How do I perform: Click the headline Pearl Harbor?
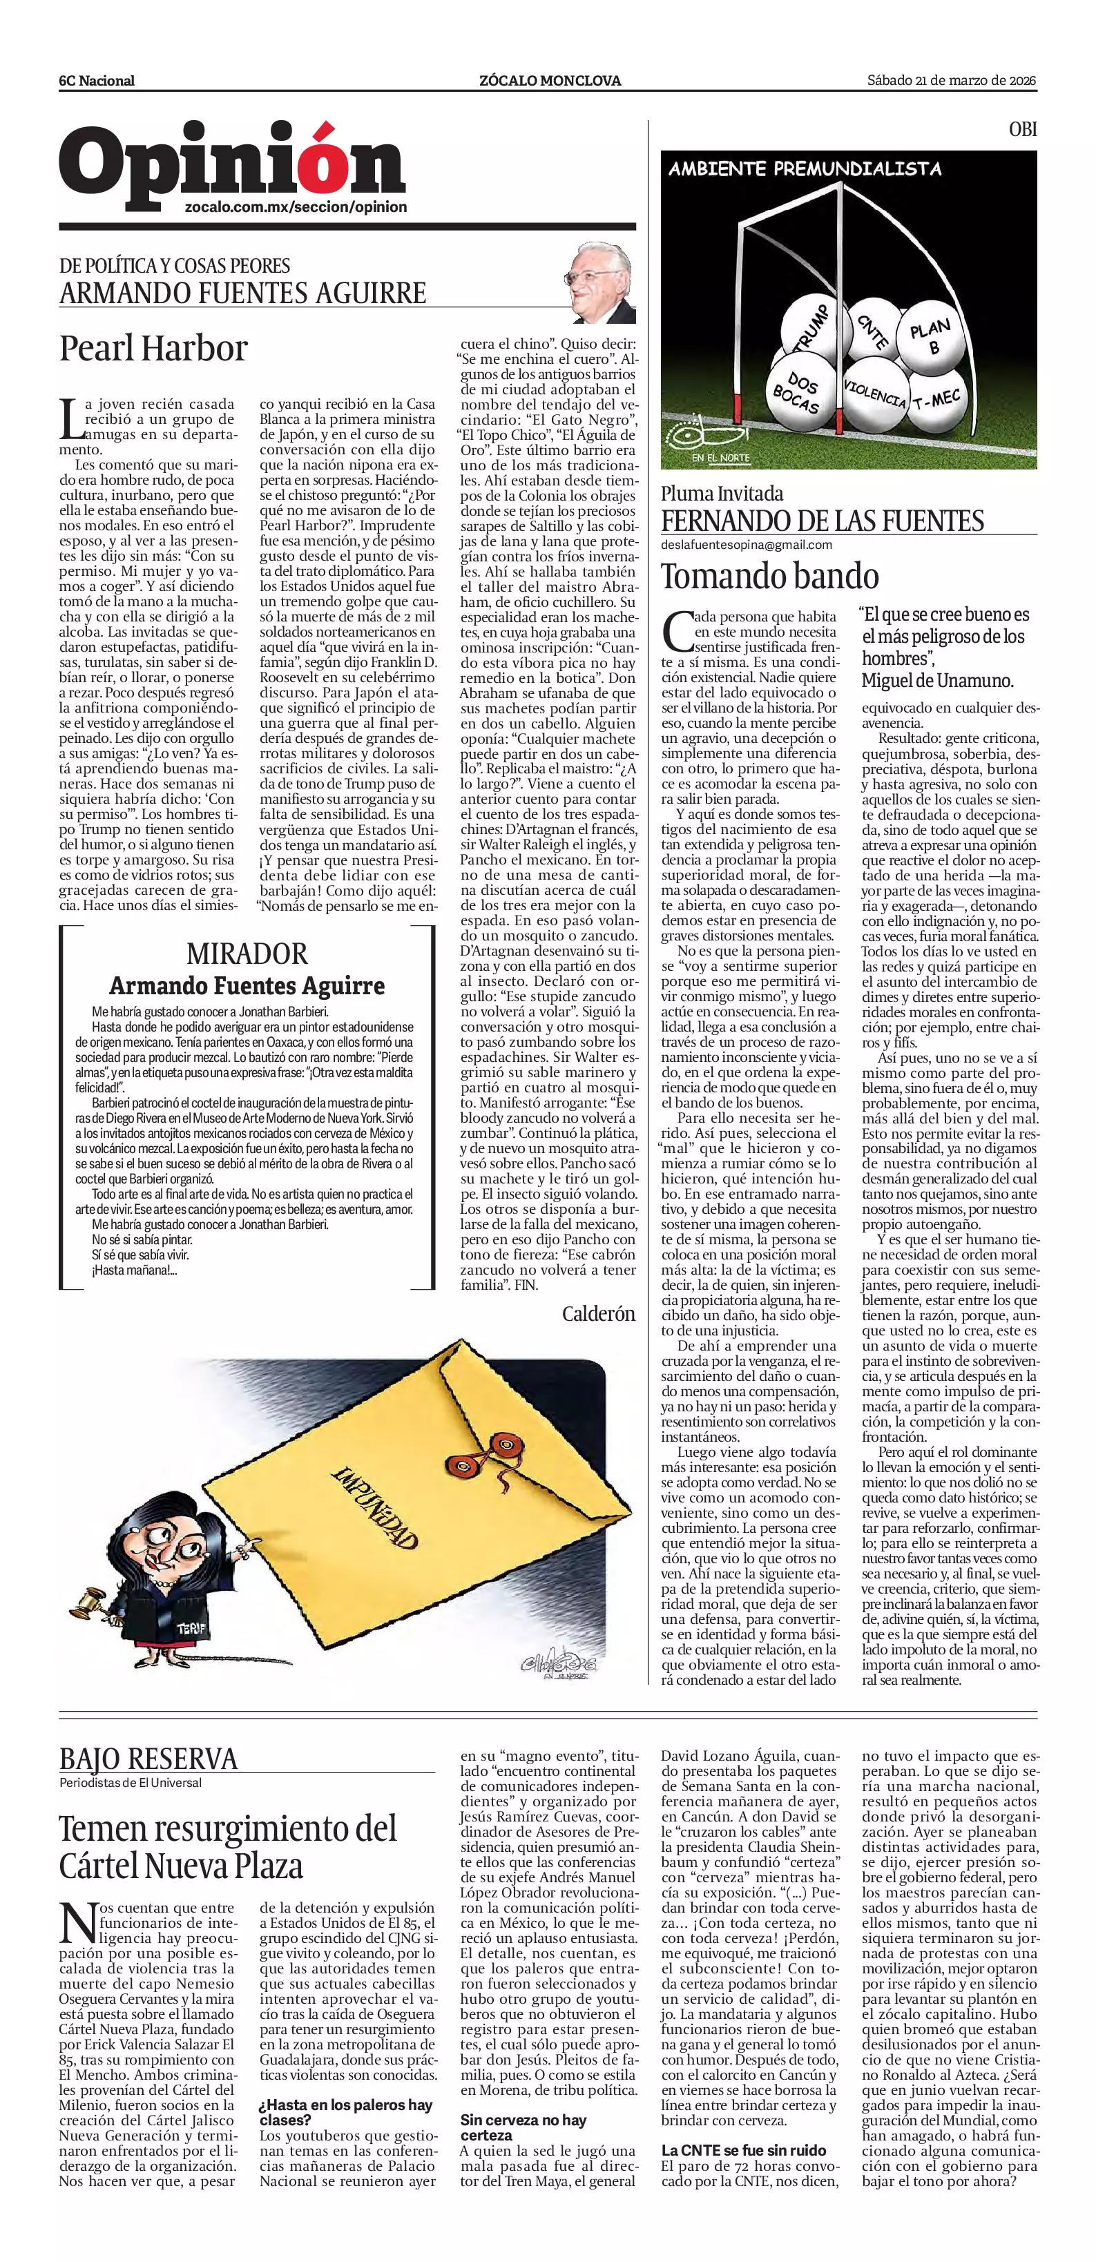coord(154,349)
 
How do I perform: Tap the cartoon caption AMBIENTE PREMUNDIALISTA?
coord(805,168)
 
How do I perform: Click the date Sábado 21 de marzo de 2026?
coord(952,81)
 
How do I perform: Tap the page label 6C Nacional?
coord(97,81)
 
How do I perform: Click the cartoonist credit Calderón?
coord(598,1315)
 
